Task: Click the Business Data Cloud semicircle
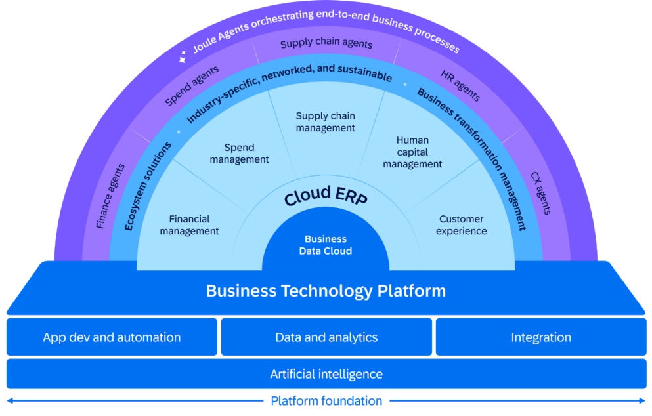tap(325, 245)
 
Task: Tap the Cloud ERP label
tap(325, 196)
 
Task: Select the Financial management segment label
tap(189, 225)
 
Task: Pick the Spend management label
tap(239, 154)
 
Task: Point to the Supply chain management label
tap(325, 122)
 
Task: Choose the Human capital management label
tap(412, 152)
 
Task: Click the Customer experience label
tap(461, 225)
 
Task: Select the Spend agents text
tap(192, 86)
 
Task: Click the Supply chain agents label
tap(326, 44)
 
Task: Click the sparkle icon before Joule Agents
tap(183, 58)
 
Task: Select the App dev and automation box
tap(112, 337)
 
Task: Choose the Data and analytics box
tap(326, 337)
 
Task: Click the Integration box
tap(540, 337)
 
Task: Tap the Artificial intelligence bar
tap(326, 374)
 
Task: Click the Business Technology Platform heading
tap(326, 291)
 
